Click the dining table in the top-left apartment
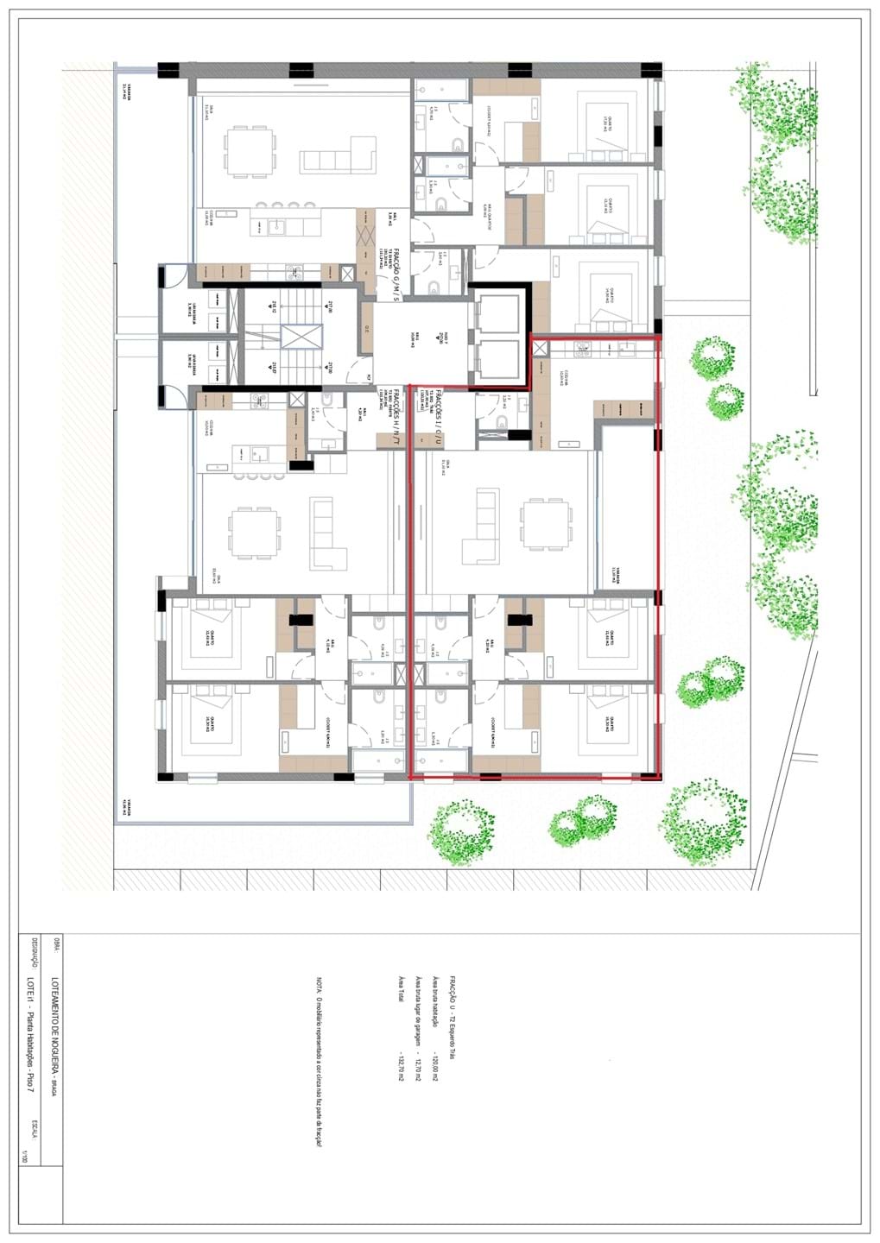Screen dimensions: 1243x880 click(251, 152)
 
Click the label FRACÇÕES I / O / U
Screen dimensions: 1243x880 click(439, 417)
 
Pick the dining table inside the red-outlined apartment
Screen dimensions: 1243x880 click(545, 527)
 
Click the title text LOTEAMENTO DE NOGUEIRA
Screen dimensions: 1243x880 click(54, 1011)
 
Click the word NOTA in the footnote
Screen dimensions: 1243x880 click(319, 984)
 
